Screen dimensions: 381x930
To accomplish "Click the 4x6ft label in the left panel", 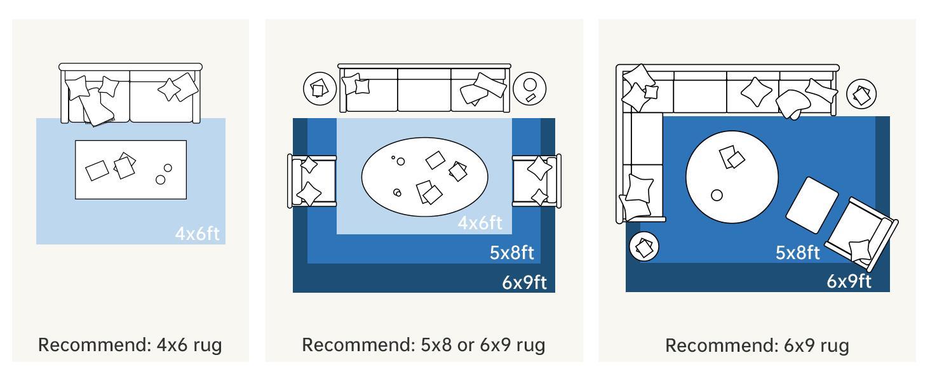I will [x=197, y=234].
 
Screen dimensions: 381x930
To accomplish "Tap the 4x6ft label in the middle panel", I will [x=480, y=223].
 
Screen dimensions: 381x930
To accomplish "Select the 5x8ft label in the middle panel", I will [x=511, y=253].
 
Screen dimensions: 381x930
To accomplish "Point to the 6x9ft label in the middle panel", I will [x=524, y=282].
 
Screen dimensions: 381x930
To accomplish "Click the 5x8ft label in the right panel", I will [x=797, y=253].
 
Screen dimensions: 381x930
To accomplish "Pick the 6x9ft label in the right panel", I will [x=849, y=281].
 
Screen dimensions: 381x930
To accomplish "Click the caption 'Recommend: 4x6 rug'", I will [x=130, y=345].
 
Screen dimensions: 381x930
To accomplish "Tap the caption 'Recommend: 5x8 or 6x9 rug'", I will [x=424, y=345].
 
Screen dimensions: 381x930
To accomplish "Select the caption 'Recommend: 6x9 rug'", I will [x=757, y=345].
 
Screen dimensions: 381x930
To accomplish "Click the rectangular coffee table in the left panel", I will [x=131, y=170].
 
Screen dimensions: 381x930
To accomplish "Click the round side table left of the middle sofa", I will [x=320, y=88].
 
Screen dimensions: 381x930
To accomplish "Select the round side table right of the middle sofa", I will [x=529, y=88].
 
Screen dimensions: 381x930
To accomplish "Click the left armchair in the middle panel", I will [x=311, y=181].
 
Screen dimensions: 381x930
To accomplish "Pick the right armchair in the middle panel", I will [x=537, y=181].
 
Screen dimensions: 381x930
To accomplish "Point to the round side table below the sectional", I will [x=644, y=246].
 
